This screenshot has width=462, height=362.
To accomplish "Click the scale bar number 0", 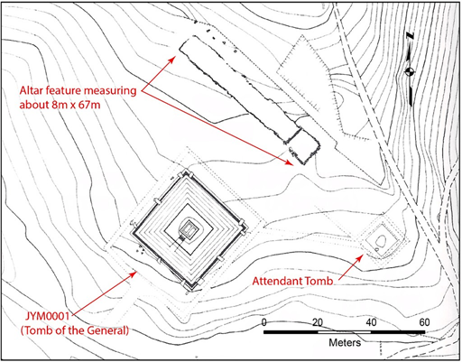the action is pyautogui.click(x=264, y=322).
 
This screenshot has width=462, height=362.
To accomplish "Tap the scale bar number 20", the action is pyautogui.click(x=318, y=322).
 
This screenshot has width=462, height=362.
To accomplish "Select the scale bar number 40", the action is pyautogui.click(x=371, y=322).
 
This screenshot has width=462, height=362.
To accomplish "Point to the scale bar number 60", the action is pyautogui.click(x=424, y=322).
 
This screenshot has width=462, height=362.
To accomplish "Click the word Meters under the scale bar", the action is pyautogui.click(x=345, y=342).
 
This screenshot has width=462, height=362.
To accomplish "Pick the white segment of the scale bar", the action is pyautogui.click(x=344, y=332).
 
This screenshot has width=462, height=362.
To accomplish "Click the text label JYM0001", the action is pyautogui.click(x=48, y=316).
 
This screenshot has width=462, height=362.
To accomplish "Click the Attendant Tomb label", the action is pyautogui.click(x=292, y=281).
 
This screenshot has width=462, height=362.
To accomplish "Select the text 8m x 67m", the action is pyautogui.click(x=60, y=105).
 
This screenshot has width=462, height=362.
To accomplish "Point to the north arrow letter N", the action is pyautogui.click(x=410, y=36).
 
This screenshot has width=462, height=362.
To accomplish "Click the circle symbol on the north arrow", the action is pyautogui.click(x=409, y=71).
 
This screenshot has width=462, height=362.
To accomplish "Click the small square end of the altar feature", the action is pyautogui.click(x=303, y=146).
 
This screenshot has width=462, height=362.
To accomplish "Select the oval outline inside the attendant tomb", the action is pyautogui.click(x=381, y=241).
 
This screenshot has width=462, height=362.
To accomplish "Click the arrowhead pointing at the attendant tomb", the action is pyautogui.click(x=360, y=257).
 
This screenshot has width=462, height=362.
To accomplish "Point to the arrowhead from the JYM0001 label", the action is pyautogui.click(x=134, y=274).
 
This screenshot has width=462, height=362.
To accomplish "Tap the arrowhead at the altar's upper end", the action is pyautogui.click(x=172, y=59).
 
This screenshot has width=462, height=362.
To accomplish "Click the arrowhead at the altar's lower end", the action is pyautogui.click(x=289, y=162).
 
